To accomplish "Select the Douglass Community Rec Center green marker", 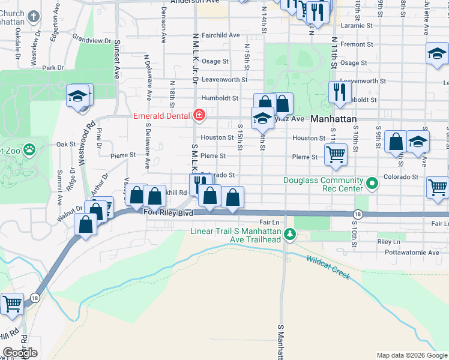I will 372,183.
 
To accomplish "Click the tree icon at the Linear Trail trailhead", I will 290,233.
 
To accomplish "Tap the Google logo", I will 20,353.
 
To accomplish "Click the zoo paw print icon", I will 28,148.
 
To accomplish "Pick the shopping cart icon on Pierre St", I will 336,154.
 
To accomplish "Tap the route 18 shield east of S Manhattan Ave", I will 358,214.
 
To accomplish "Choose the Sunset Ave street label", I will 117,60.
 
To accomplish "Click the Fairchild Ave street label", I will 220,35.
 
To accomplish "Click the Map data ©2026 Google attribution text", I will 411,355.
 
